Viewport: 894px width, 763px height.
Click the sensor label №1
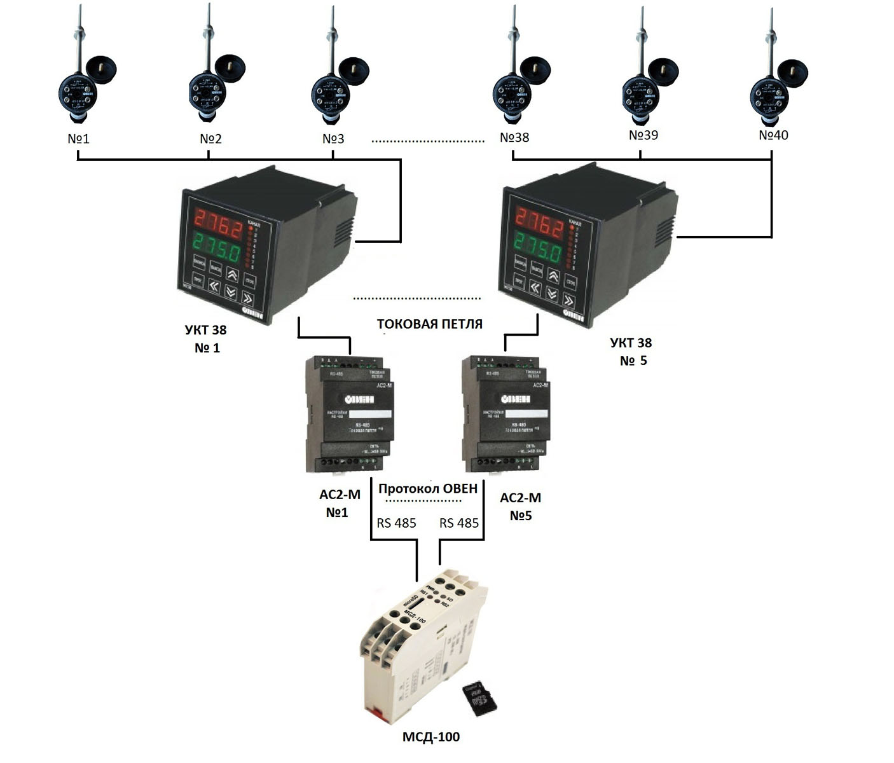(x=78, y=138)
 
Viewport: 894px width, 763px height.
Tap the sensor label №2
(x=210, y=138)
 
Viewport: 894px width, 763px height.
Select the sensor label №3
(x=333, y=138)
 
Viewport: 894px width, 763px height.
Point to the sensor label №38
(x=514, y=137)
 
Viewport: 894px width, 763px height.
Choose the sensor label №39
(x=643, y=135)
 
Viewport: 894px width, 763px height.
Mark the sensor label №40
(x=773, y=135)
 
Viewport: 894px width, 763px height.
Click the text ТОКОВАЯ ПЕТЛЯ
(x=430, y=324)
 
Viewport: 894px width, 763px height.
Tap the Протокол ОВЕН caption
(x=427, y=488)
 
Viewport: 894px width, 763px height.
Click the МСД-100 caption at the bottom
(x=431, y=737)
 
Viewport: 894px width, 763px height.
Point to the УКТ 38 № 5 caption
(x=631, y=352)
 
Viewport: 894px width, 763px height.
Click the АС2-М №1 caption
(x=340, y=504)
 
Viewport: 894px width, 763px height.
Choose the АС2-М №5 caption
(x=520, y=506)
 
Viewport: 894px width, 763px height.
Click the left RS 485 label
(x=396, y=523)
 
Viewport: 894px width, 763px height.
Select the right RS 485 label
(x=459, y=523)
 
